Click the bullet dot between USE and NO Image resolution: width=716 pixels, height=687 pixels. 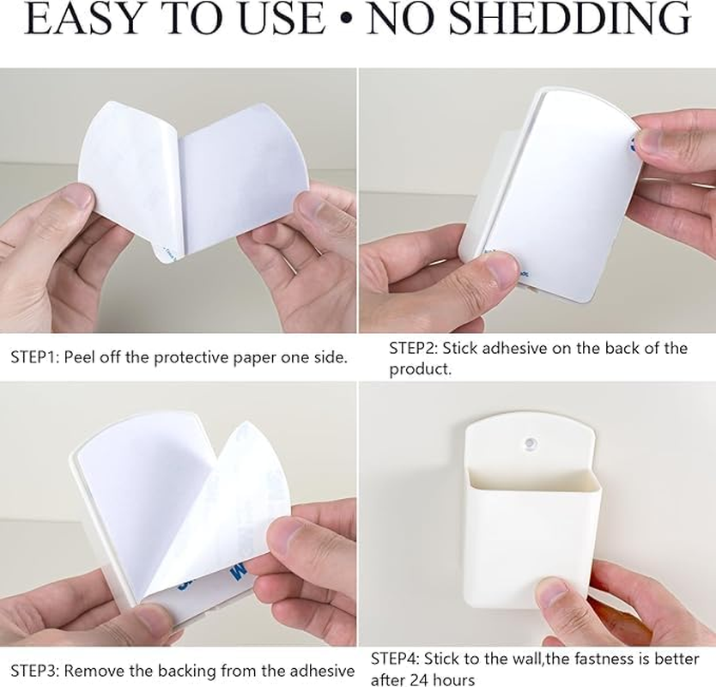pos(347,18)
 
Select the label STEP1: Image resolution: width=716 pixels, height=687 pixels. pos(34,357)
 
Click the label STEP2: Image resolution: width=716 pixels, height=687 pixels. pos(413,348)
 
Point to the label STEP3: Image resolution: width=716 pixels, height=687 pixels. pos(35,671)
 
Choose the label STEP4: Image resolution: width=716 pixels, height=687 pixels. pos(395,659)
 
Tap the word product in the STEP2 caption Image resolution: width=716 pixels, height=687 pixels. pos(418,369)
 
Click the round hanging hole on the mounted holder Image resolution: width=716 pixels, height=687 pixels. pos(531,442)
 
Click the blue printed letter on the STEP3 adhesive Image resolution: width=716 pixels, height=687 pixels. pos(238,570)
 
